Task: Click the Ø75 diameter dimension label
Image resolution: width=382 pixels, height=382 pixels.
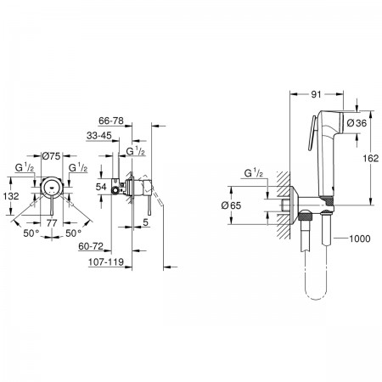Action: pos(51,155)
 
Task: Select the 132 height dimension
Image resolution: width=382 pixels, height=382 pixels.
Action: pos(11,196)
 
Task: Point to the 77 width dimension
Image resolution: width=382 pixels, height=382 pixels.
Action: pos(52,223)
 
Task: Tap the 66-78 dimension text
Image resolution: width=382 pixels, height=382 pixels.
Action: pos(111,121)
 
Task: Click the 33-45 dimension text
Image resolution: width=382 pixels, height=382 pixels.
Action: pos(99,136)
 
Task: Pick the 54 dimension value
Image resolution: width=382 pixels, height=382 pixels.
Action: pos(101,187)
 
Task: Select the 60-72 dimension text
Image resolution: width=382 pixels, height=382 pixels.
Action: pos(91,246)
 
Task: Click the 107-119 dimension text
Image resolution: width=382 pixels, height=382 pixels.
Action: pos(106,262)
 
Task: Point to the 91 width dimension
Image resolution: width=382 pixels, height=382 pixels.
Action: pos(316,94)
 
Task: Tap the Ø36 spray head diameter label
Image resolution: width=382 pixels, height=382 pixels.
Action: pos(357,123)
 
